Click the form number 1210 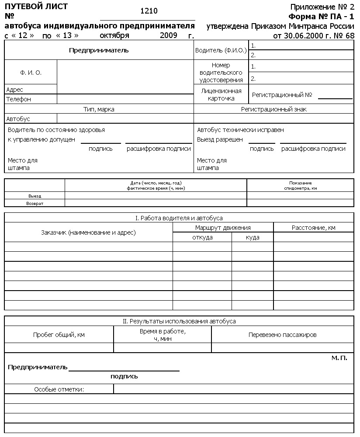click(150, 11)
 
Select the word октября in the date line click(114, 35)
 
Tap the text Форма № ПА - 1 click(321, 17)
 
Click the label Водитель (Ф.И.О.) click(221, 51)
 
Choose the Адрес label click(15, 90)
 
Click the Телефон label click(19, 99)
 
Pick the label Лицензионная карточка click(221, 94)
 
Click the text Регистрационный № click(282, 94)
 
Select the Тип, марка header click(99, 109)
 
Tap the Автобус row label click(18, 119)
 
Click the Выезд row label click(35, 196)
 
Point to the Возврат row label click(35, 203)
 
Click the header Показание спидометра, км click(300, 185)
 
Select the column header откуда click(202, 237)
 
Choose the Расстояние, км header click(314, 228)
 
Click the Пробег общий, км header click(59, 335)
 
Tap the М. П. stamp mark click(339, 358)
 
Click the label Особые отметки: click(59, 389)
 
